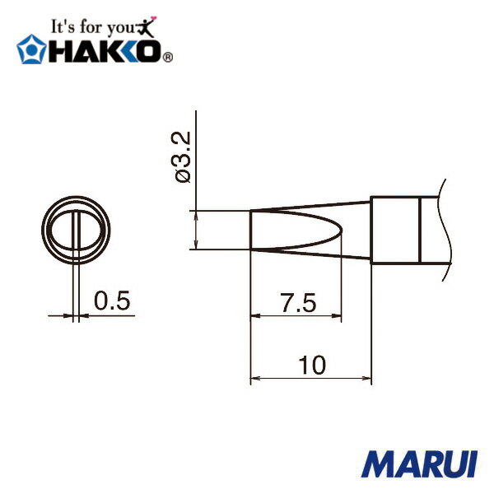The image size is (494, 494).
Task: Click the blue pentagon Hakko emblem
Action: (31, 49)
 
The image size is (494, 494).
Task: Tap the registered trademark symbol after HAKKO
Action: (168, 58)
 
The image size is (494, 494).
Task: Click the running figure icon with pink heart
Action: (147, 26)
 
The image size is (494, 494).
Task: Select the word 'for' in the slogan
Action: (91, 26)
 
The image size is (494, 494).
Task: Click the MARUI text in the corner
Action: (419, 464)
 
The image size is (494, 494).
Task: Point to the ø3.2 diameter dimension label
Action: (183, 156)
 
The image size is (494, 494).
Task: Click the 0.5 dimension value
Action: (112, 301)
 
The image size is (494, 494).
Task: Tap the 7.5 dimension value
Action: (298, 303)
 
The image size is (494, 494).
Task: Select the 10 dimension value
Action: (312, 365)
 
